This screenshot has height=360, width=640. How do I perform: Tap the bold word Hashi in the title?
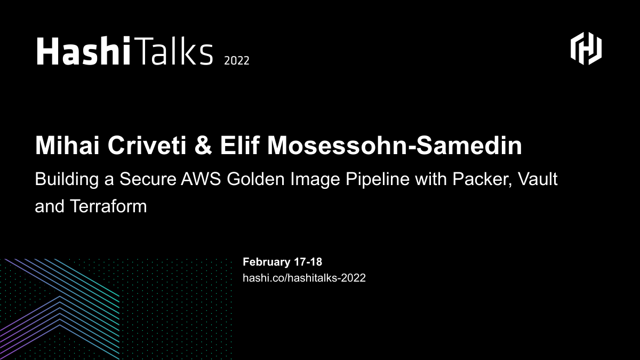(83, 52)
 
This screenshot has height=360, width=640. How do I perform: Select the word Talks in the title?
(172, 52)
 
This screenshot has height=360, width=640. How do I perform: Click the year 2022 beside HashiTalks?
(236, 60)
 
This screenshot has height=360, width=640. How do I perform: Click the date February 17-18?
(282, 262)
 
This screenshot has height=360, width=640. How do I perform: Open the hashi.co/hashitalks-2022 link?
(304, 278)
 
